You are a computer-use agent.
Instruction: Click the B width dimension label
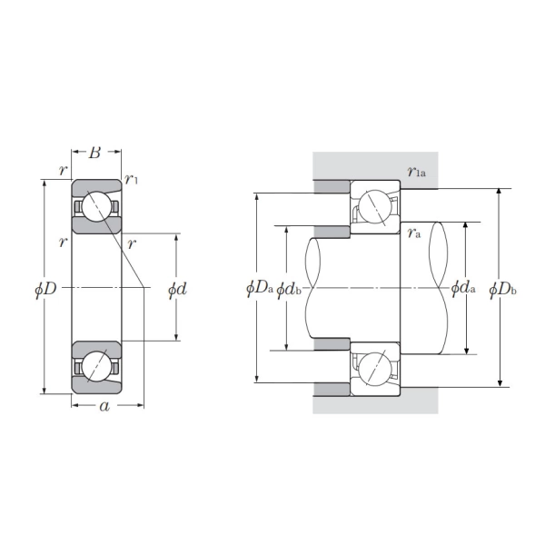[95, 152]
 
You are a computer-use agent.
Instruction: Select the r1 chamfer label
[132, 179]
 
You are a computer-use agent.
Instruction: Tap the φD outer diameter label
[45, 288]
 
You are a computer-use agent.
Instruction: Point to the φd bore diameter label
[177, 289]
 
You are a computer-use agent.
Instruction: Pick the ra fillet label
[413, 233]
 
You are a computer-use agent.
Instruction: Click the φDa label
[260, 289]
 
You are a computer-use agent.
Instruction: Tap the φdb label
[290, 289]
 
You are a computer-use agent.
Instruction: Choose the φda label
[463, 289]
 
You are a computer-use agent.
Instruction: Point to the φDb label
[502, 289]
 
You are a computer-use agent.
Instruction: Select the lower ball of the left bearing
[96, 367]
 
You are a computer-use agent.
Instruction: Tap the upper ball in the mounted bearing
[376, 209]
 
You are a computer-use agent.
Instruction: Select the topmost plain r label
[62, 170]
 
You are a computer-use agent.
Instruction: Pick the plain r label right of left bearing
[133, 243]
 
